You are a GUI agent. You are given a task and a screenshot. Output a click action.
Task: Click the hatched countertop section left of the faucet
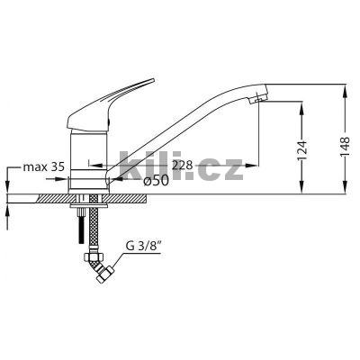tap(45, 197)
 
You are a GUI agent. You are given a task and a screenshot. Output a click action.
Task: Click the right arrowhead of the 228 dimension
tap(255, 166)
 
